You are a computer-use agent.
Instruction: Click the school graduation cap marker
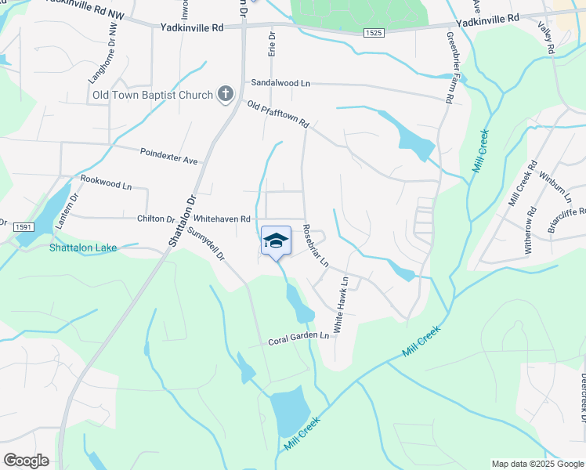pos(275,240)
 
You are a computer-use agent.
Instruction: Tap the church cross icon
pos(225,95)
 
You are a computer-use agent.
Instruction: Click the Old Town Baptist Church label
pos(152,96)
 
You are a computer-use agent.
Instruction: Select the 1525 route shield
pos(373,31)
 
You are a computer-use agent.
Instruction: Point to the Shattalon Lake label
pos(83,248)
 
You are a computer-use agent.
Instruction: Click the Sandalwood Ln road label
pos(280,82)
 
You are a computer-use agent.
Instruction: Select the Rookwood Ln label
pos(106,185)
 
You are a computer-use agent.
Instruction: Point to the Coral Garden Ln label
pos(298,338)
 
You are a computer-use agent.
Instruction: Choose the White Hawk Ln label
pos(342,305)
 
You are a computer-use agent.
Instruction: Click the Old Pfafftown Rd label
pos(278,115)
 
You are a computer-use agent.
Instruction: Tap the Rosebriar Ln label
pos(316,246)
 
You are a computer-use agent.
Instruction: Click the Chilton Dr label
pos(155,219)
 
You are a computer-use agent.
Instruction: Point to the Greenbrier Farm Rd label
pos(450,68)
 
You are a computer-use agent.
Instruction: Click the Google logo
pos(27,461)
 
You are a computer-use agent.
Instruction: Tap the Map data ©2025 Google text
pos(537,464)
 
